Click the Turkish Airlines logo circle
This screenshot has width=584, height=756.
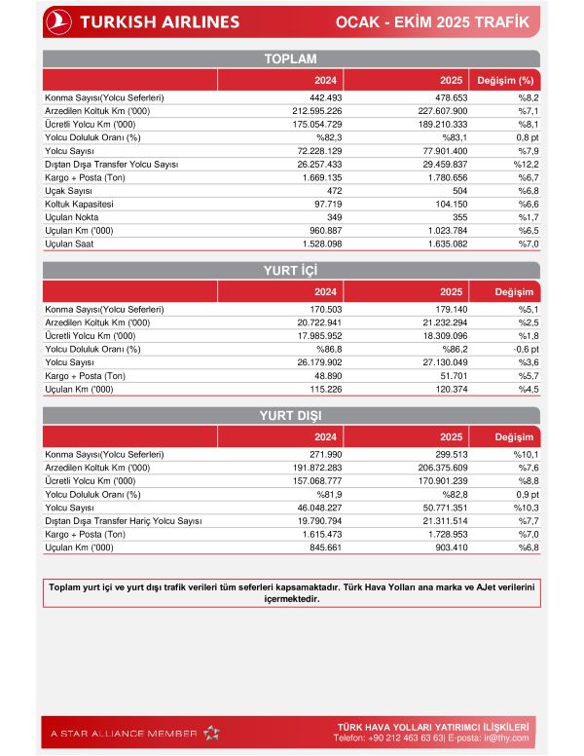pos(60,20)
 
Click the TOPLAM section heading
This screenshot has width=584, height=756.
pos(291,59)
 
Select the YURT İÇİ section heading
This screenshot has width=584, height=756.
pos(291,270)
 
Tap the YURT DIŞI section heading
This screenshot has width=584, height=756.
pos(291,415)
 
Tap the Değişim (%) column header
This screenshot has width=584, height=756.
pos(505,80)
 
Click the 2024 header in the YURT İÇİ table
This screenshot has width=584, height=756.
pos(326,291)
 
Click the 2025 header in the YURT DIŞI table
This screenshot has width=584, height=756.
pos(451,436)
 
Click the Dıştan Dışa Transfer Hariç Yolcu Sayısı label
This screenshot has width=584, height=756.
pos(124,521)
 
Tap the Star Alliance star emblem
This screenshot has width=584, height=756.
pos(212,733)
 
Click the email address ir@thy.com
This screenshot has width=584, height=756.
pos(511,738)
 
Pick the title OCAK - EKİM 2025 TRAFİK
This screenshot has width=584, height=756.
pos(459,21)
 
